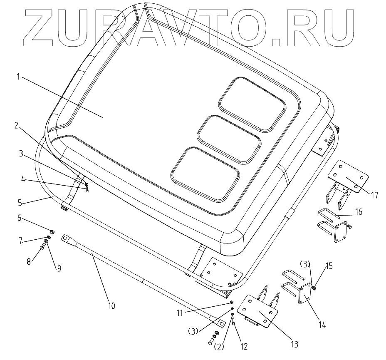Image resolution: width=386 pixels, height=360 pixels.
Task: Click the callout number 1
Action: click(18, 77)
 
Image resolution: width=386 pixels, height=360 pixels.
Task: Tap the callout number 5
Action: click(19, 204)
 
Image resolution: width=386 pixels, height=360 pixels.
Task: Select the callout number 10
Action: click(111, 306)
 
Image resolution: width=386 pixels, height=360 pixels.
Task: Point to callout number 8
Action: click(28, 262)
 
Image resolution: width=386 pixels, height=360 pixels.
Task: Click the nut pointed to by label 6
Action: click(51, 231)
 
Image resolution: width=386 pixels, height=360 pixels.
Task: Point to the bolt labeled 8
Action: click(43, 249)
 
